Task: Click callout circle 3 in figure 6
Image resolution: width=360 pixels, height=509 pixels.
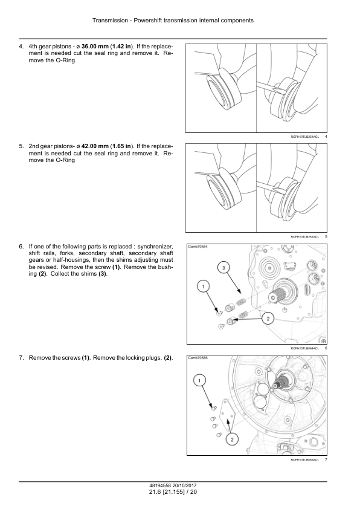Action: tap(223, 267)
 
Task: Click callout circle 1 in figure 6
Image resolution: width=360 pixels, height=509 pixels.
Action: tap(204, 287)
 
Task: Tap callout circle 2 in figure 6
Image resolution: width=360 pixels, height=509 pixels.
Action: tap(268, 319)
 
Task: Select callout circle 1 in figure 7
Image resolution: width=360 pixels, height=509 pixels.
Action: tap(199, 380)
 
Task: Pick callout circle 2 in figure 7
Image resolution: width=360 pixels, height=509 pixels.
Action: tap(232, 440)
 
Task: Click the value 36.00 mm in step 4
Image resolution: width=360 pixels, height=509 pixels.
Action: tap(95, 47)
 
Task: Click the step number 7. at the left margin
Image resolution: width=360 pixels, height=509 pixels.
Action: tap(21, 358)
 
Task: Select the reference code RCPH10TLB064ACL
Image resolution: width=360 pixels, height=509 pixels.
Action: tap(305, 348)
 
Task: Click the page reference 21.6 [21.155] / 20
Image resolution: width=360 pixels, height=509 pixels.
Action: tap(173, 492)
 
